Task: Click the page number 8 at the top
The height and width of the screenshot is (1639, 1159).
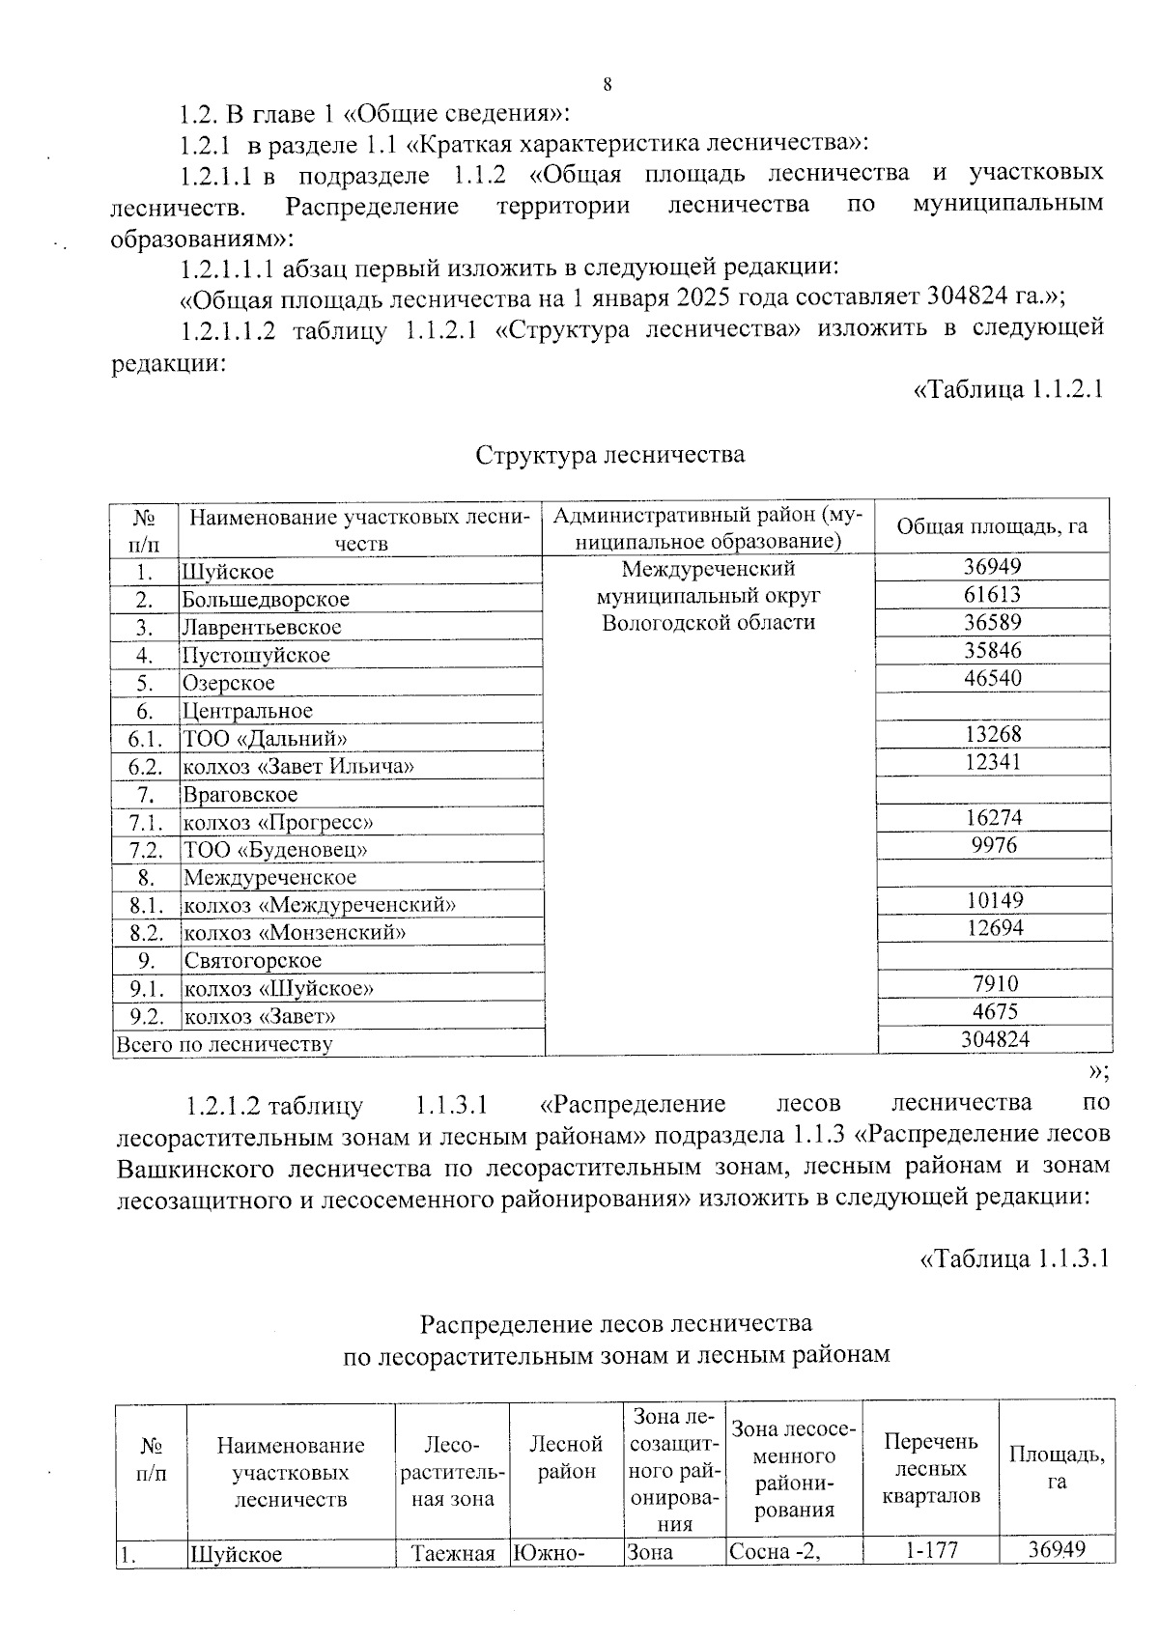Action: pos(608,84)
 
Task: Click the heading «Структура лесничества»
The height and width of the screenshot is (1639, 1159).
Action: pos(609,454)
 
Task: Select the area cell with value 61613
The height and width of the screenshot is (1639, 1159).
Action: pos(992,595)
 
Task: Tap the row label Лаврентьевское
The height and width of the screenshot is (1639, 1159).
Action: pos(262,628)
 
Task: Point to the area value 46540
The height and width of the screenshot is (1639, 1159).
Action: pos(992,678)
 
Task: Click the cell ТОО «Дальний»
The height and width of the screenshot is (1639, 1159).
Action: pos(265,739)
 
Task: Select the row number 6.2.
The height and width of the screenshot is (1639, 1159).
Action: pos(145,767)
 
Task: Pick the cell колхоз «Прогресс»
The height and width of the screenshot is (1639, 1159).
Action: pos(278,823)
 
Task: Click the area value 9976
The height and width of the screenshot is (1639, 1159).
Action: pos(992,845)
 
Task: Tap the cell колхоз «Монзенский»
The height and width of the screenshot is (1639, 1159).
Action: pos(294,933)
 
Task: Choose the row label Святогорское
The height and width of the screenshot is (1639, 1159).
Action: pos(252,961)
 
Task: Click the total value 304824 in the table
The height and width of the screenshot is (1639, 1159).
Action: pos(995,1039)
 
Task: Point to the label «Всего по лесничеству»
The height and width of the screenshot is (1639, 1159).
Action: pos(224,1044)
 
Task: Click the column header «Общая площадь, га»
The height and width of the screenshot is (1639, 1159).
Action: pos(992,526)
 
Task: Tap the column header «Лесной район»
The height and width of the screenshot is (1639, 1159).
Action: pos(566,1457)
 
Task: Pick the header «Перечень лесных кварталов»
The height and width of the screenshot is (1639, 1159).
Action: pos(931,1468)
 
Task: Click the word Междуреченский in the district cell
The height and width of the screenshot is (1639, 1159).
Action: pos(708,568)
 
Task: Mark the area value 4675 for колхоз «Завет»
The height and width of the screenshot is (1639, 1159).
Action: pos(994,1011)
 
